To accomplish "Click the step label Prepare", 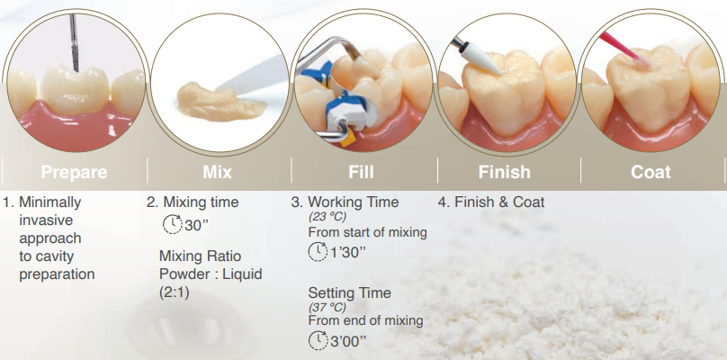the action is pos(74,172).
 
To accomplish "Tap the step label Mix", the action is pos(217,172).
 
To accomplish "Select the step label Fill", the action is pos(361,172).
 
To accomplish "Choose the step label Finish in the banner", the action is pos(505,172).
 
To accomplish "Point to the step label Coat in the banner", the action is pos(651,172).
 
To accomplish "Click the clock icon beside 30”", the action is pos(173,224).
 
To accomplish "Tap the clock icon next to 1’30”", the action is pos(318,251).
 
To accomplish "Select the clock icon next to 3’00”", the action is pos(318,340).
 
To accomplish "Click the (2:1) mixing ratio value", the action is pos(175,292).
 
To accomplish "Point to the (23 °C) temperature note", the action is pos(328,217).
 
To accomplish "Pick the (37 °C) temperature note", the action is pos(328,307).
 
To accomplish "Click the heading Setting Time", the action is pos(350,292).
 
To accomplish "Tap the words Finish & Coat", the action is pos(499,202).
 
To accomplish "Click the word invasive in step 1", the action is pos(46,220).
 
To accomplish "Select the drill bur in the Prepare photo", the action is pos(74,42).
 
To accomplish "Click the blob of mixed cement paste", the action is pos(221,101).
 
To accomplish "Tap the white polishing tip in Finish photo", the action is pos(480,59).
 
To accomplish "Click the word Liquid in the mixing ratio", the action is pos(242,274).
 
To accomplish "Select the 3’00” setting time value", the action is pos(347,342).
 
